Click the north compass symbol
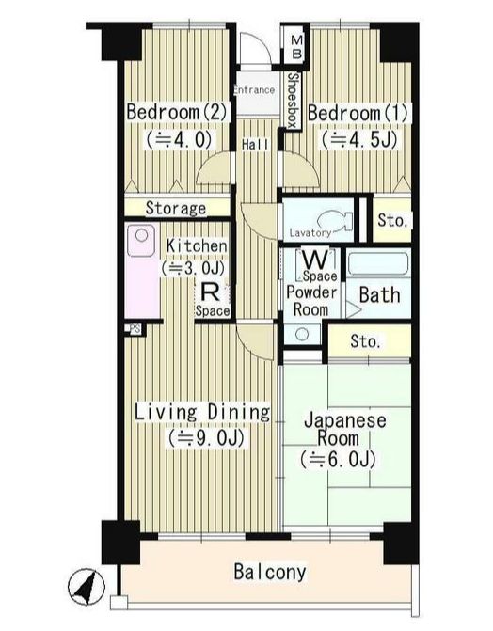(87, 586)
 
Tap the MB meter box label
(297, 47)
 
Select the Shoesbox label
(294, 101)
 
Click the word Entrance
(255, 89)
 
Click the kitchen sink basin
(141, 240)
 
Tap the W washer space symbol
(315, 260)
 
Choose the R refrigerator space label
(210, 292)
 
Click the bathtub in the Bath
(378, 264)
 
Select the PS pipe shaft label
(135, 329)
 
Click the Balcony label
(270, 573)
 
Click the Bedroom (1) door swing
(301, 169)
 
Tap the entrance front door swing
(253, 47)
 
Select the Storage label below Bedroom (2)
(176, 208)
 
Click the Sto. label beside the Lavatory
(392, 221)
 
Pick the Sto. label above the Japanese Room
(365, 341)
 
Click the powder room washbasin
(303, 335)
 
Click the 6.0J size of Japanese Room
(338, 460)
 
